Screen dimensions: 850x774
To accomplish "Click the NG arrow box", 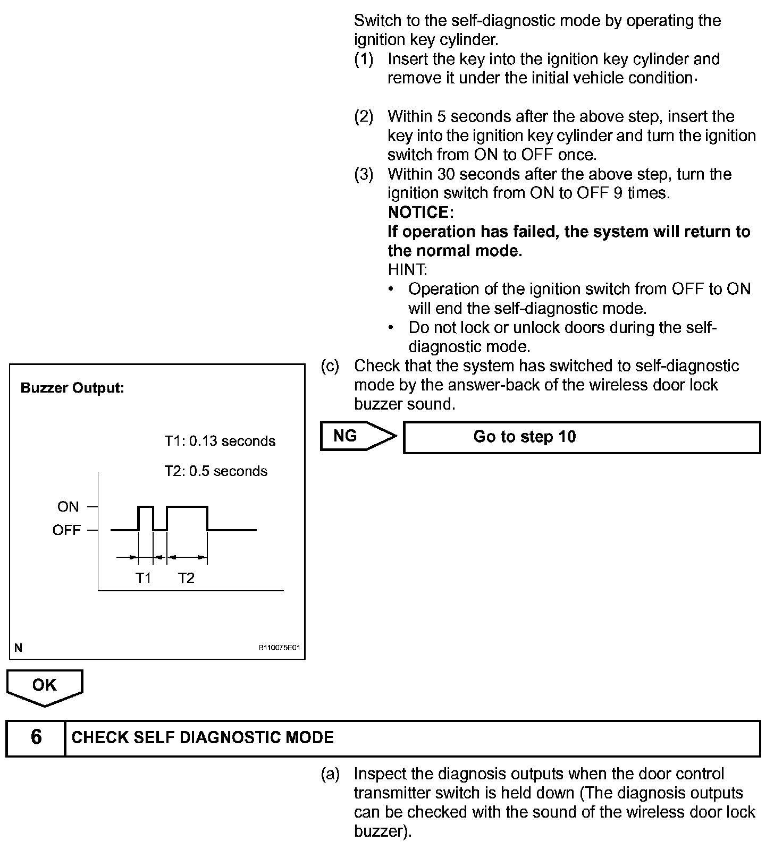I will (x=357, y=437).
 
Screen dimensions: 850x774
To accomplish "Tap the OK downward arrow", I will (x=45, y=687).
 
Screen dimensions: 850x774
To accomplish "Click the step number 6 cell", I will (x=36, y=737).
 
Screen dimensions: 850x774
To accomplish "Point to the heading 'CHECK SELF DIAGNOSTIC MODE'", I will (x=203, y=737).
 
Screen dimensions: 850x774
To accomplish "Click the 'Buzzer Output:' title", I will (x=72, y=388).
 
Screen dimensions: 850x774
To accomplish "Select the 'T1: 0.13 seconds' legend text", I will (x=220, y=441).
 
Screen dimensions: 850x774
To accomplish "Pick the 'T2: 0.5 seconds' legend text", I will (x=216, y=471).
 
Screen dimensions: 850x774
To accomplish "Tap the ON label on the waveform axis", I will (x=68, y=507).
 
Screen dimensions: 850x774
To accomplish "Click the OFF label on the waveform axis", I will (x=66, y=530).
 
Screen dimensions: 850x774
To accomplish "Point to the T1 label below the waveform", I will (x=144, y=578).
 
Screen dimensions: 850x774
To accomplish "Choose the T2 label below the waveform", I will (x=186, y=578).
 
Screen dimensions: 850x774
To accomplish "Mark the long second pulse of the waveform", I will (x=187, y=508).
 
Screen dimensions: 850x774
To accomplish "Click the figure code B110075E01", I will (x=280, y=648).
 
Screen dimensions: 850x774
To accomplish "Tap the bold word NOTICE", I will (x=420, y=212).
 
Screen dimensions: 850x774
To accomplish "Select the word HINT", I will (x=407, y=270).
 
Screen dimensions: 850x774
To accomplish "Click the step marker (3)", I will (x=364, y=174).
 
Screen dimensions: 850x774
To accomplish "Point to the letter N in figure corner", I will (x=19, y=648).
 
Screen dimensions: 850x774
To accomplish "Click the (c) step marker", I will (x=330, y=366).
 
